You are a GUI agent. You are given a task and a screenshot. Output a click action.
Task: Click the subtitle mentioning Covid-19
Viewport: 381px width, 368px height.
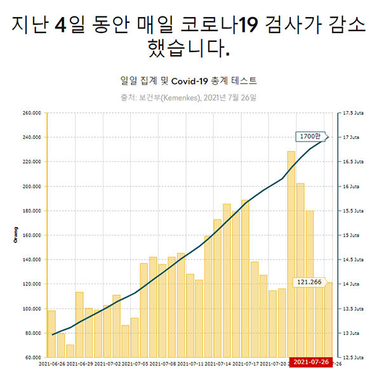pyautogui.click(x=189, y=81)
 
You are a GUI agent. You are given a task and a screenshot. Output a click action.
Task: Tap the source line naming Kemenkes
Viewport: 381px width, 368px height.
pyautogui.click(x=189, y=98)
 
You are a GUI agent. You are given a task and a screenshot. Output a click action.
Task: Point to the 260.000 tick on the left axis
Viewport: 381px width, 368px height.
pyautogui.click(x=32, y=113)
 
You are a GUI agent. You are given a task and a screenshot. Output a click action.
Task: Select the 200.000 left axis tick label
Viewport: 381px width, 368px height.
pyautogui.click(x=32, y=187)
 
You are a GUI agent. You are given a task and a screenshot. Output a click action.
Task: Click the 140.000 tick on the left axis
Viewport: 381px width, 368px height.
pyautogui.click(x=32, y=260)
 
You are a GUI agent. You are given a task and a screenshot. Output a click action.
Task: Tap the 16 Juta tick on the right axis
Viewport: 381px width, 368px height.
pyautogui.click(x=351, y=187)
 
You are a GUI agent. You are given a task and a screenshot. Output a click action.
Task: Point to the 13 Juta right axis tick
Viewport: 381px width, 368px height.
pyautogui.click(x=351, y=333)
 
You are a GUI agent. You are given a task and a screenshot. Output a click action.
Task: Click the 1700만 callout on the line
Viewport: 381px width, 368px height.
pyautogui.click(x=311, y=136)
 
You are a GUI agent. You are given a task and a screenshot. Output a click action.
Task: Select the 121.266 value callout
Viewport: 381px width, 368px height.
pyautogui.click(x=310, y=281)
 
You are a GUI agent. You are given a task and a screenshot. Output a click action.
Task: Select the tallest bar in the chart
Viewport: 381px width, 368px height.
pyautogui.click(x=291, y=254)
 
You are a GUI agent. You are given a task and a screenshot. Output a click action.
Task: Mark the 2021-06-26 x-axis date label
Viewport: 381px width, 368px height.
pyautogui.click(x=52, y=364)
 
